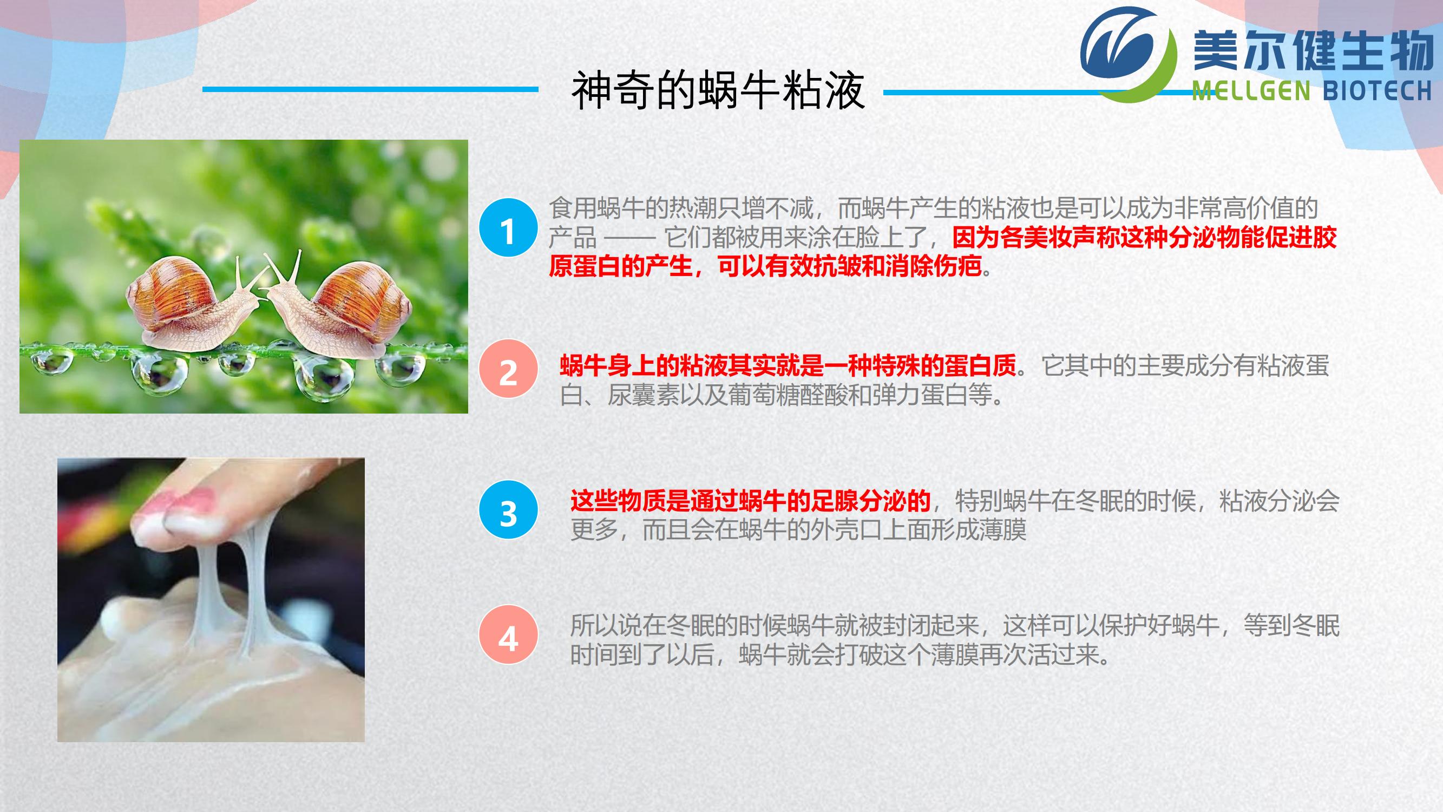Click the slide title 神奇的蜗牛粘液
tap(718, 90)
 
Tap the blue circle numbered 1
tap(508, 228)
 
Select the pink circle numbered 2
tap(508, 369)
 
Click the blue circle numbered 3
tap(508, 510)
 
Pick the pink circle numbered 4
tap(508, 635)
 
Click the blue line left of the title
tap(370, 89)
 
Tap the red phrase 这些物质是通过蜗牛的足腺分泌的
tap(750, 500)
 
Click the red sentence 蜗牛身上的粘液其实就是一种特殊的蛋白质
tap(788, 366)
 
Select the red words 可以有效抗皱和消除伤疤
tap(850, 266)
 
